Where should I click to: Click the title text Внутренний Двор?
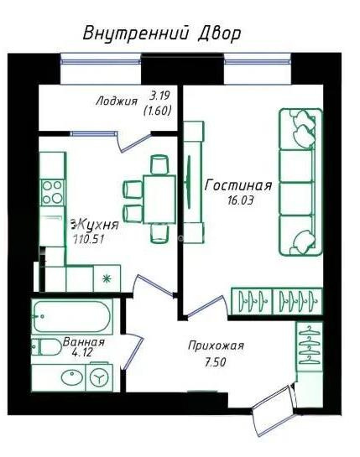click(x=161, y=34)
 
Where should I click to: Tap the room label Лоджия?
click(x=116, y=101)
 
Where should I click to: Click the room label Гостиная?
click(x=238, y=185)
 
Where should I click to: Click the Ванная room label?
click(x=84, y=343)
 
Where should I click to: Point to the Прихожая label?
click(x=216, y=345)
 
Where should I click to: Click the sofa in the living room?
click(x=300, y=182)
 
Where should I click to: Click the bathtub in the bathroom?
click(x=72, y=318)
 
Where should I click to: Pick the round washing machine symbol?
click(x=101, y=378)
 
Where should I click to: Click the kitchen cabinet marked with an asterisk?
click(x=107, y=278)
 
